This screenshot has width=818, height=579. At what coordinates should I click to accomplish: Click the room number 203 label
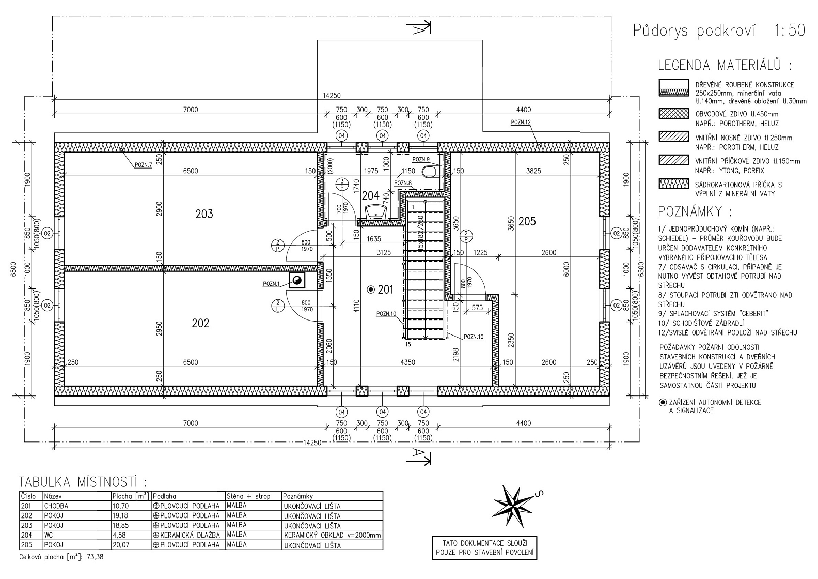tap(204, 214)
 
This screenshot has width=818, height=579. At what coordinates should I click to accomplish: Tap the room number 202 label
tap(200, 323)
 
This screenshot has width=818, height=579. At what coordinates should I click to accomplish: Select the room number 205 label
tap(527, 221)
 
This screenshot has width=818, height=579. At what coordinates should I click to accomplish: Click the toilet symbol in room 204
tap(430, 172)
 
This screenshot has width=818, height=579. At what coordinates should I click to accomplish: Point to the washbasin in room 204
tap(376, 211)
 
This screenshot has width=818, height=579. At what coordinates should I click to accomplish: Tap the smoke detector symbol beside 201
tap(371, 289)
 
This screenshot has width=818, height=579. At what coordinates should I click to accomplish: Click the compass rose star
tap(513, 506)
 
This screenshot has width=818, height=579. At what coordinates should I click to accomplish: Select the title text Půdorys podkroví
tap(694, 31)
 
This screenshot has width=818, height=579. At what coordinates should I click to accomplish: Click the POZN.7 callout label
tap(143, 165)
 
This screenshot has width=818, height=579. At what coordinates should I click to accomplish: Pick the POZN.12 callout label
tap(521, 123)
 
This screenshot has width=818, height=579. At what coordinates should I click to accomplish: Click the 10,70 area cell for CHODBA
tap(121, 506)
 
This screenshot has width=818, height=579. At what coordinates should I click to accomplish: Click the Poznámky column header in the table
tap(298, 496)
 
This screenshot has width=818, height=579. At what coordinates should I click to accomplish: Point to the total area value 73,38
tap(95, 557)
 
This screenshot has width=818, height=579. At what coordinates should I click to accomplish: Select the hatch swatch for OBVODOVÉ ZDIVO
tap(674, 113)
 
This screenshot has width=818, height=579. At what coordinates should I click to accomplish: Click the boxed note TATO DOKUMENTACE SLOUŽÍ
tap(484, 548)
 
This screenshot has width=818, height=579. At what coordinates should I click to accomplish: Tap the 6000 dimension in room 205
tap(567, 269)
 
